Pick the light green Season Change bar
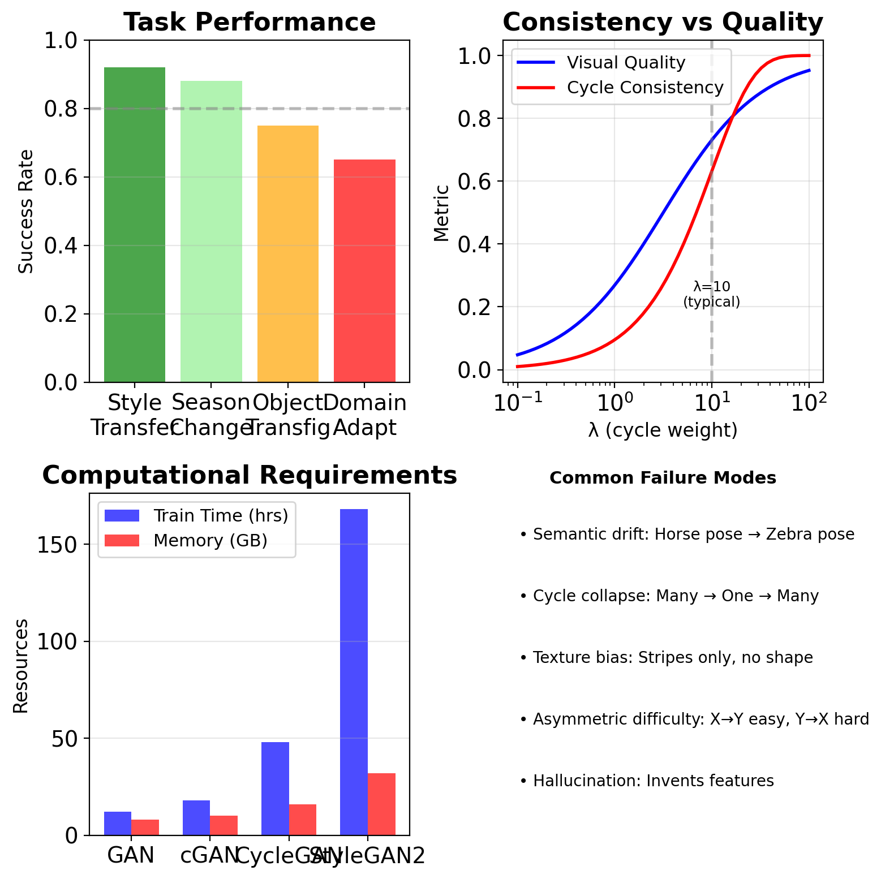tap(211, 231)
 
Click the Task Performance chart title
tap(250, 23)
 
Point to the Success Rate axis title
tap(26, 212)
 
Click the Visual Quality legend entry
tap(626, 63)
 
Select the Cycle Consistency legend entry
tap(645, 88)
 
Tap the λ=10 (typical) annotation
tap(711, 295)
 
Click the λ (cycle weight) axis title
tap(663, 430)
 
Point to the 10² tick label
tap(809, 403)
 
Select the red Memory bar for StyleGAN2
tap(381, 804)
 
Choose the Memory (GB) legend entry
tap(210, 541)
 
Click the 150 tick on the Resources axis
tap(62, 545)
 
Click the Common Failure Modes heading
tap(663, 478)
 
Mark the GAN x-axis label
tap(131, 855)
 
